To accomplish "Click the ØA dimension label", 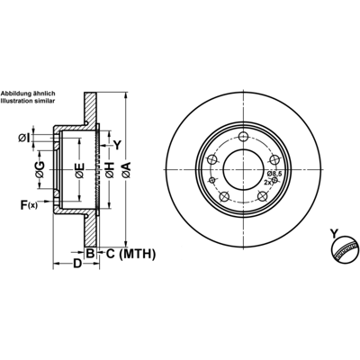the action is (x=126, y=170).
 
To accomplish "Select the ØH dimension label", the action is (x=109, y=170).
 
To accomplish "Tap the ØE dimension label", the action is (x=80, y=170).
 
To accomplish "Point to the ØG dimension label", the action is (x=40, y=170).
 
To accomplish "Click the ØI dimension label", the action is (x=24, y=138).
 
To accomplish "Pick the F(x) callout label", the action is (x=29, y=205).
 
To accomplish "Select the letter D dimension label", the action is (x=77, y=264).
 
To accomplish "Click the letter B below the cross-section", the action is (x=90, y=254).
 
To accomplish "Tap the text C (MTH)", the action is (x=130, y=254).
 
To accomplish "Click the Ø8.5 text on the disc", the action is (x=274, y=174).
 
